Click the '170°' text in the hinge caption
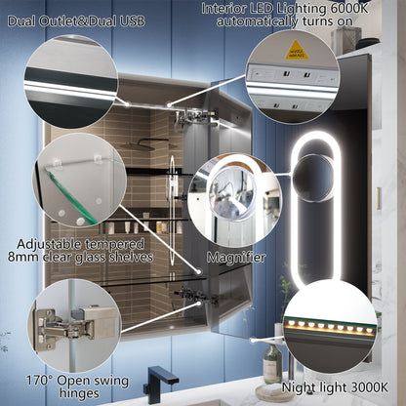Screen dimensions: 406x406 41,378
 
